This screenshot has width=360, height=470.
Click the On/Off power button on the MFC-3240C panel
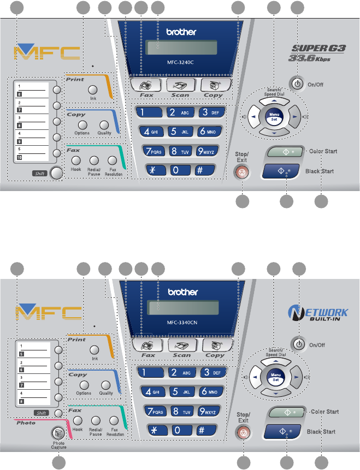pos(297,84)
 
